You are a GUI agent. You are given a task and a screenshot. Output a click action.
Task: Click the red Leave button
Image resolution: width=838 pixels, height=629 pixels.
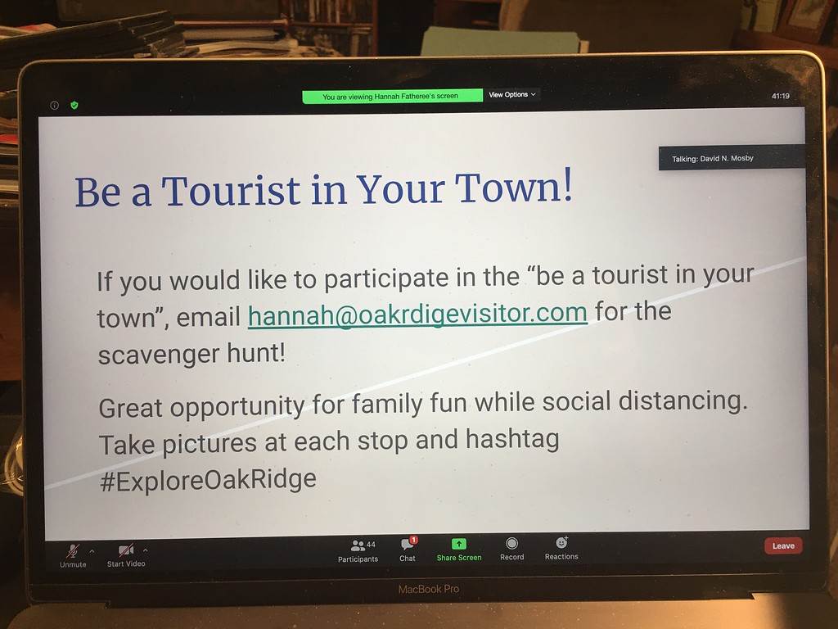[x=783, y=545]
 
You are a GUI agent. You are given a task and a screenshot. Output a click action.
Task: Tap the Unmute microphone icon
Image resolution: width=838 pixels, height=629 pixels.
[x=73, y=550]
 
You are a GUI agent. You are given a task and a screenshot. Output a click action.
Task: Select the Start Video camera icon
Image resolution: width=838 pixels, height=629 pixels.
[x=125, y=550]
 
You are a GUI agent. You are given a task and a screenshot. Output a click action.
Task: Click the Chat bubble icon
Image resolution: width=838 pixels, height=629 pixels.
[x=408, y=544]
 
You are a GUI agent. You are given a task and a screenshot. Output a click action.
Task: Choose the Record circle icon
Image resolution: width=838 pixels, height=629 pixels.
[x=511, y=544]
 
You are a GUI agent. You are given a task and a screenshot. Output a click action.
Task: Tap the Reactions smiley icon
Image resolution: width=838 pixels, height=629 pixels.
[x=561, y=542]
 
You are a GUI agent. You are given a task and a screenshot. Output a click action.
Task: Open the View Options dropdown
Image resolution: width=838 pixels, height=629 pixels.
[x=512, y=95]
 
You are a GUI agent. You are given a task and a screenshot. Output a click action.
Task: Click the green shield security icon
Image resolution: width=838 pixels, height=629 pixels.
[x=74, y=105]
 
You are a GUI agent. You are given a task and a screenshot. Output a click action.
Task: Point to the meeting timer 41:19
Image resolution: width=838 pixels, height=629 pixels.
[x=780, y=97]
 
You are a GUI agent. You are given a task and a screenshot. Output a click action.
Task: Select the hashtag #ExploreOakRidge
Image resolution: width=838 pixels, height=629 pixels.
[x=208, y=480]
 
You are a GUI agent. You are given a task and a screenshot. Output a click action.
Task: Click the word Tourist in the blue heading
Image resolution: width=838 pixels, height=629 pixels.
[x=231, y=190]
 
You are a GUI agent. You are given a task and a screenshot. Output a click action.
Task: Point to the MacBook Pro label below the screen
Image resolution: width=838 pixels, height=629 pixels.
[x=429, y=589]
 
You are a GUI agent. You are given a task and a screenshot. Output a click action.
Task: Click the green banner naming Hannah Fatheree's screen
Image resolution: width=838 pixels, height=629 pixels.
[x=392, y=97]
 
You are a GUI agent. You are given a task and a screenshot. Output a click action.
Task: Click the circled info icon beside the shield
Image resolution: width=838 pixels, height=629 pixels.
[x=55, y=106]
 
